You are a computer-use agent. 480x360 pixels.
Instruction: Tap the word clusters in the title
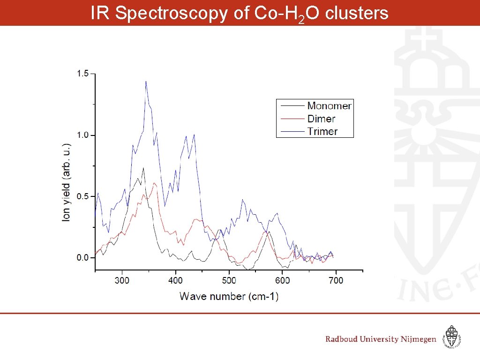[357, 14]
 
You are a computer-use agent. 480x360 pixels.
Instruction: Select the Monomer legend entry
[329, 106]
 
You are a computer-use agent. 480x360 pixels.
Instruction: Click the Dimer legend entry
[322, 119]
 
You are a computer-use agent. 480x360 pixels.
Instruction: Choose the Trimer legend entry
[322, 132]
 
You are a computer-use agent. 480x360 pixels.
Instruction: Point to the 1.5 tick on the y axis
[82, 74]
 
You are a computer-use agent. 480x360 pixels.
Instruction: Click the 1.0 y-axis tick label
[82, 135]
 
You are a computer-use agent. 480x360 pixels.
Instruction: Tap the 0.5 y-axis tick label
[82, 196]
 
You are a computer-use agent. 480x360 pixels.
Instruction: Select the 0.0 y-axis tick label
[82, 258]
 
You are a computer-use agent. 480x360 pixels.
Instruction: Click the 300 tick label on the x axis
[122, 280]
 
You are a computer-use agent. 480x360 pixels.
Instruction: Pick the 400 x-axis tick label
[176, 280]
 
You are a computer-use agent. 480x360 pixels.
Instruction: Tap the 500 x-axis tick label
[229, 280]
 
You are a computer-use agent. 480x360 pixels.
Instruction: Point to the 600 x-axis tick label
[283, 280]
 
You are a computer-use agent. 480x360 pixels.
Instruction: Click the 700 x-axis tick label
[336, 280]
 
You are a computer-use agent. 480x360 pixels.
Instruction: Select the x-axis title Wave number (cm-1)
[229, 296]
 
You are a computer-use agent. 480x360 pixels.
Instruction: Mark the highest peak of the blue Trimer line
[146, 81]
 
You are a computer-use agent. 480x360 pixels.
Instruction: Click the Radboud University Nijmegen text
[381, 339]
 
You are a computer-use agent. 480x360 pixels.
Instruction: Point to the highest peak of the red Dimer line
[154, 183]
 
